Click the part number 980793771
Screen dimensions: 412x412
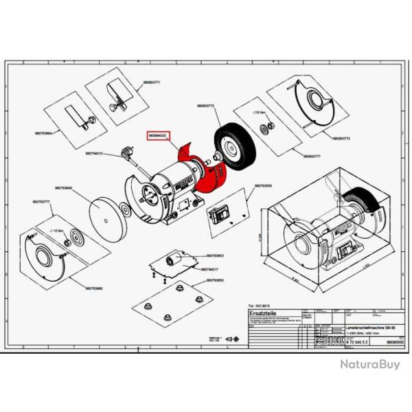tap(152, 82)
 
